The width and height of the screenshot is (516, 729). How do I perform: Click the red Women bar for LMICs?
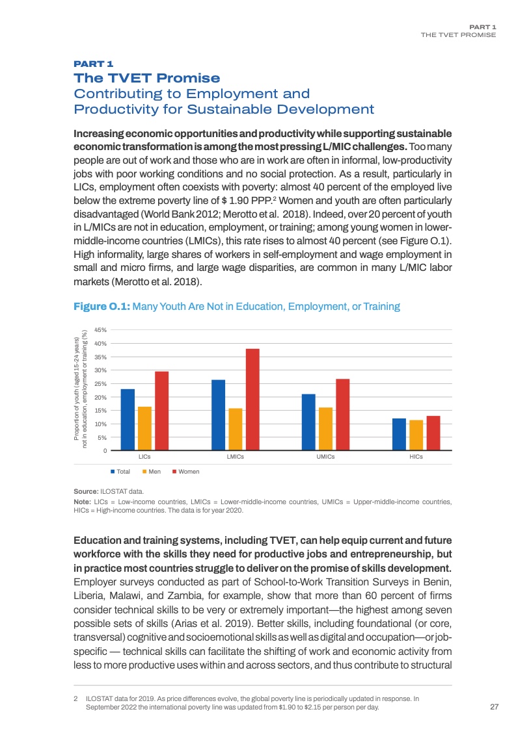(x=252, y=400)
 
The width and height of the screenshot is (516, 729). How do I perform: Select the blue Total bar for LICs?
(x=128, y=420)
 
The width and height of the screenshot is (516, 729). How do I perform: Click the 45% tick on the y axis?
(x=101, y=330)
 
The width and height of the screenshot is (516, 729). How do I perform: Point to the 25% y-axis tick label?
(x=101, y=384)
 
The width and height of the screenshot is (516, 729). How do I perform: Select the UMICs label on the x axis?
(x=326, y=457)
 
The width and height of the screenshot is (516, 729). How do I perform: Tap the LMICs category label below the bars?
(x=236, y=457)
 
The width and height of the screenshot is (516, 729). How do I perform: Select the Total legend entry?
(x=123, y=471)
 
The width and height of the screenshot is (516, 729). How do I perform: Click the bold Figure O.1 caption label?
(x=102, y=306)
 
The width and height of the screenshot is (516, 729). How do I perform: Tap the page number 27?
(x=493, y=707)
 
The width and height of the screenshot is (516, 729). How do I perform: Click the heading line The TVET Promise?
(x=148, y=79)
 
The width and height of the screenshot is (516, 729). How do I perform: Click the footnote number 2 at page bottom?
(x=77, y=698)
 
